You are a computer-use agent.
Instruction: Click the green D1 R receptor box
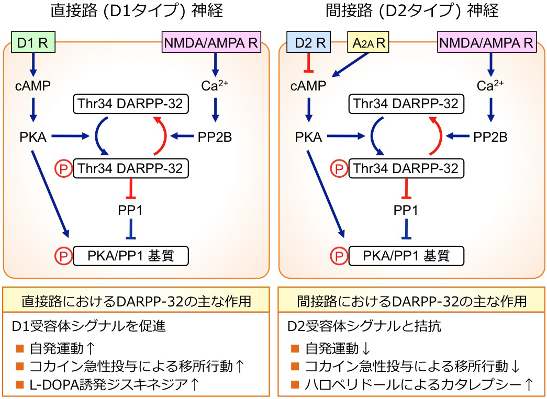point(33,42)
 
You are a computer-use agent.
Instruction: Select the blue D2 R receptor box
point(308,42)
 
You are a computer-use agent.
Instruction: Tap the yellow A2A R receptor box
point(369,42)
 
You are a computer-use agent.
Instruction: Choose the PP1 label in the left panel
point(131,211)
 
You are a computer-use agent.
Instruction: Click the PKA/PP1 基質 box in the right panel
point(406,256)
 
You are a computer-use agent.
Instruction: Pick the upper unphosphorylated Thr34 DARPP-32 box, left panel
point(131,104)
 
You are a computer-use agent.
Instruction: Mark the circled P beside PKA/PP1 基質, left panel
point(63,256)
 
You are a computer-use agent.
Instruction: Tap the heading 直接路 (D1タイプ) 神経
point(131,12)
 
